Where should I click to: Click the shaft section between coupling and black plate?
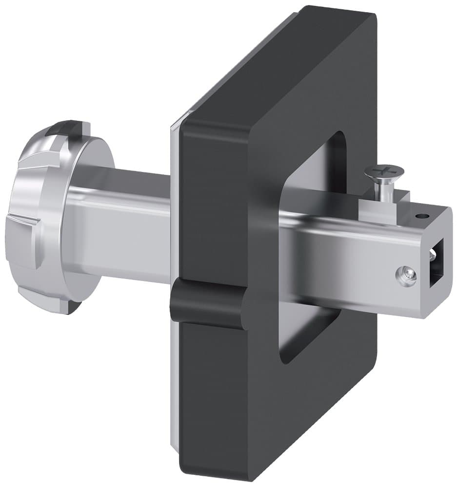[x=132, y=224]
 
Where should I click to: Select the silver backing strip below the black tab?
[x=176, y=390]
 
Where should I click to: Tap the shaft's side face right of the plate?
[x=341, y=253]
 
